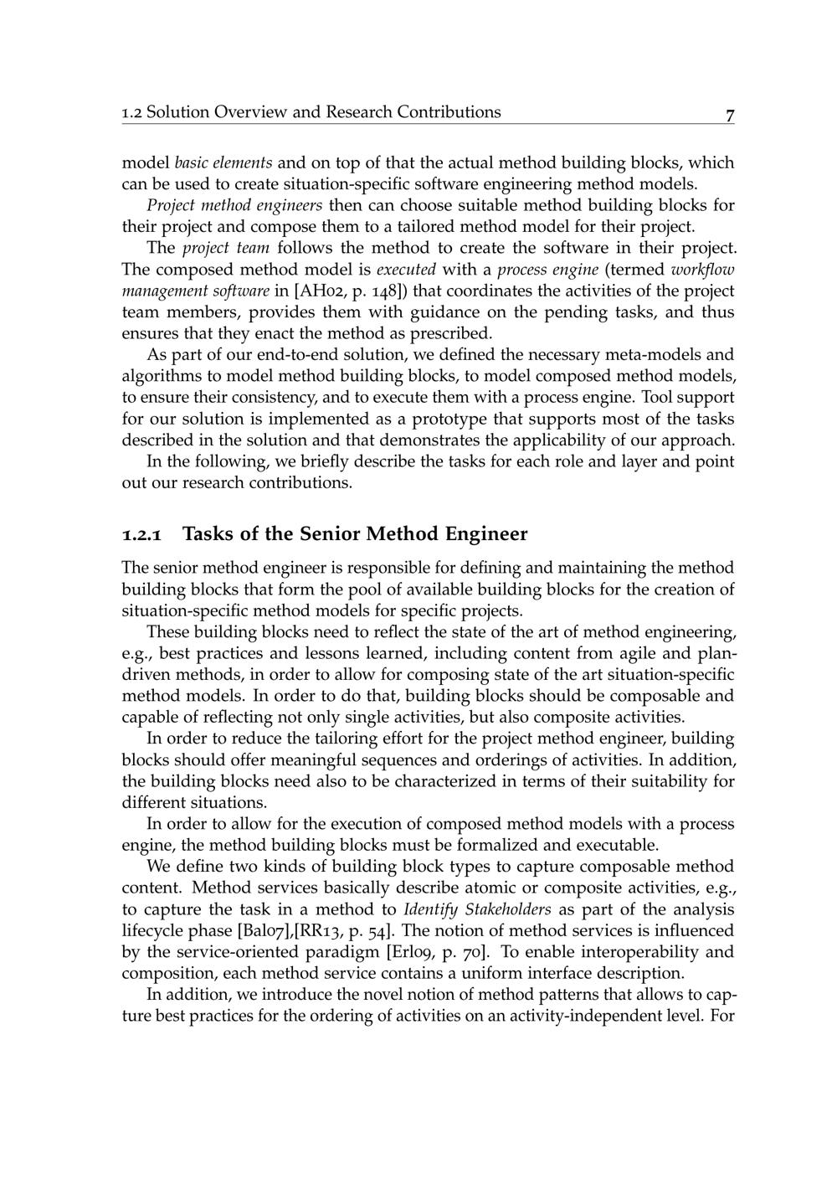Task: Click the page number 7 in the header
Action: (730, 116)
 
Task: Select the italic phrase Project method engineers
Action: (234, 205)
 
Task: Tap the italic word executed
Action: (406, 270)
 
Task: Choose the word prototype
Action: (448, 419)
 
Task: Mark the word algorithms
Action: (159, 377)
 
